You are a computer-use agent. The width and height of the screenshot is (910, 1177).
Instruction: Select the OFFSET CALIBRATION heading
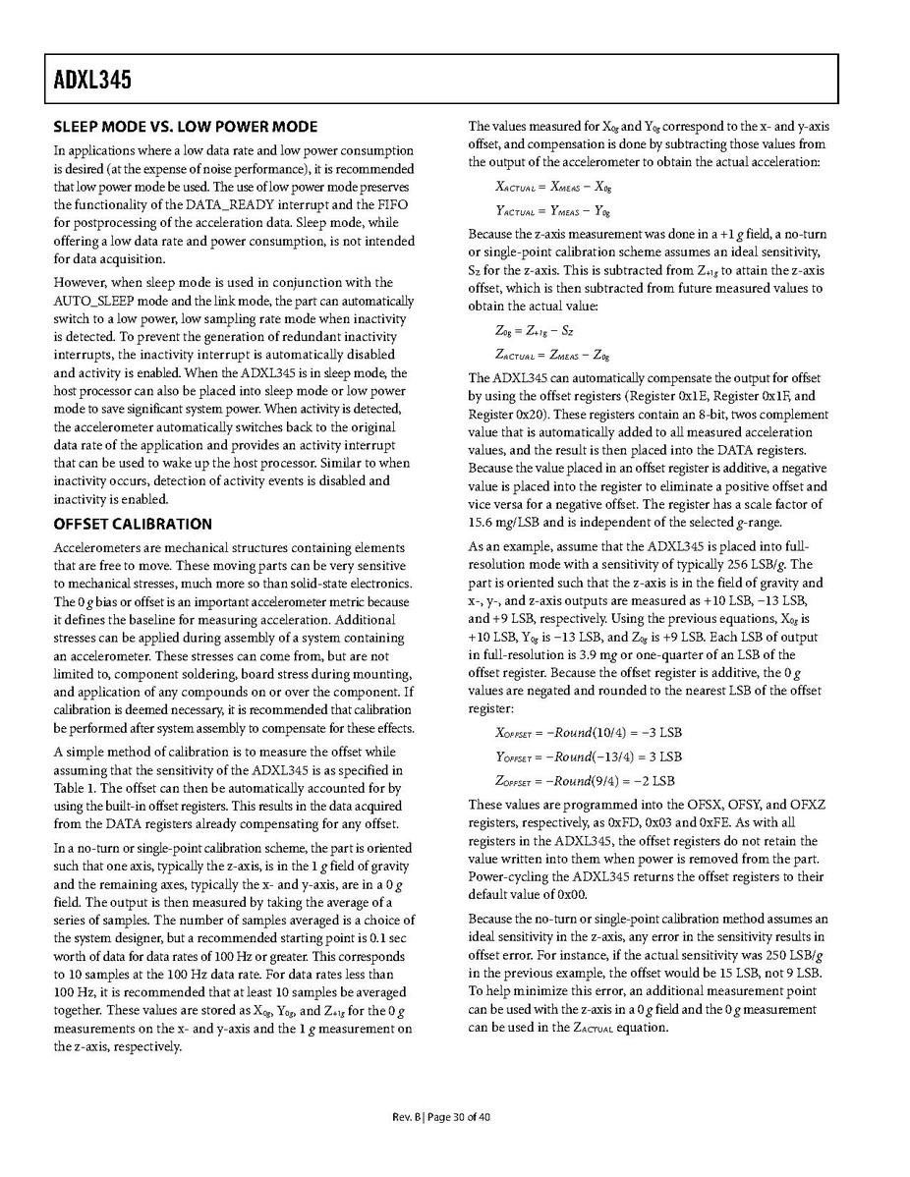(132, 524)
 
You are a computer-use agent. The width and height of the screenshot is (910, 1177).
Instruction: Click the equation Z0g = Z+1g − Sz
(535, 332)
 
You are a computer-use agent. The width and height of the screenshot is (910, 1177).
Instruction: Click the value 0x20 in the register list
(546, 414)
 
